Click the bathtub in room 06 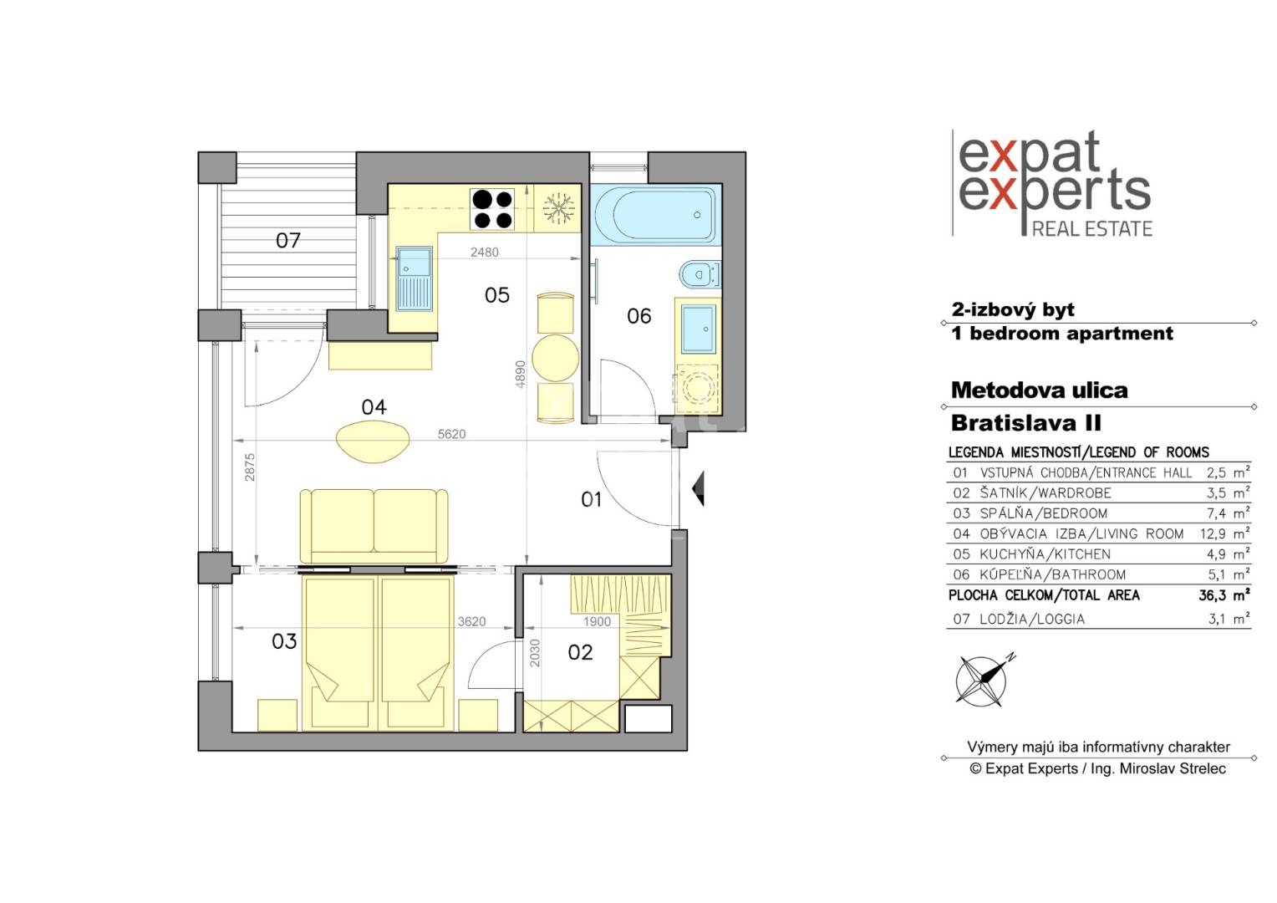pos(655,215)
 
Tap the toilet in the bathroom pos(700,274)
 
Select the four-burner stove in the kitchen pos(492,209)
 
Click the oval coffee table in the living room pos(373,441)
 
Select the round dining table pos(555,358)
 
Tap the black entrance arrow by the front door pos(698,488)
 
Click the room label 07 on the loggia pos(287,241)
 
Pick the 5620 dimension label pos(451,434)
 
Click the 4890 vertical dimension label pos(521,375)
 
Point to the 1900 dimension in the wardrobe pos(597,622)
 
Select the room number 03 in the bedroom pos(284,641)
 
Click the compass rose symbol pos(983,680)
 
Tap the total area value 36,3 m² pos(1224,595)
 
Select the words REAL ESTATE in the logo pos(1091,229)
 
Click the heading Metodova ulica pos(1040,390)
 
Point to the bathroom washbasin pos(699,329)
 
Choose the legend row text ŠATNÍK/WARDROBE pos(1046,492)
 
